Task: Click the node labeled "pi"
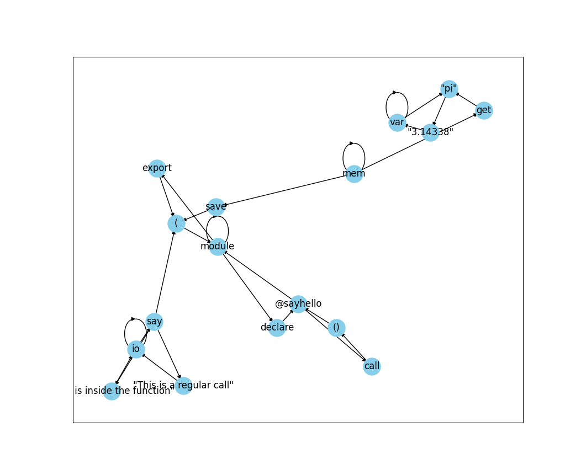point(449,89)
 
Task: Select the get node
point(484,110)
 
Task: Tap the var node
point(397,122)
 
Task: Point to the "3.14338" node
point(430,132)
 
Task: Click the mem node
point(354,174)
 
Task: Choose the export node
point(157,168)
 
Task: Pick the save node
point(216,207)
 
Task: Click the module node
point(218,247)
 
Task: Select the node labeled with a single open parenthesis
point(176,223)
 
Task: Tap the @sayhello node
point(298,304)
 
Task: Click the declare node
point(277,328)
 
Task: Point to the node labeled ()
point(336,328)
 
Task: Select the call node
point(372,366)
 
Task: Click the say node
point(155,322)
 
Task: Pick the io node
point(136,349)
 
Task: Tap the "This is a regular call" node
point(183,386)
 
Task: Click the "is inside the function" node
point(112,391)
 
